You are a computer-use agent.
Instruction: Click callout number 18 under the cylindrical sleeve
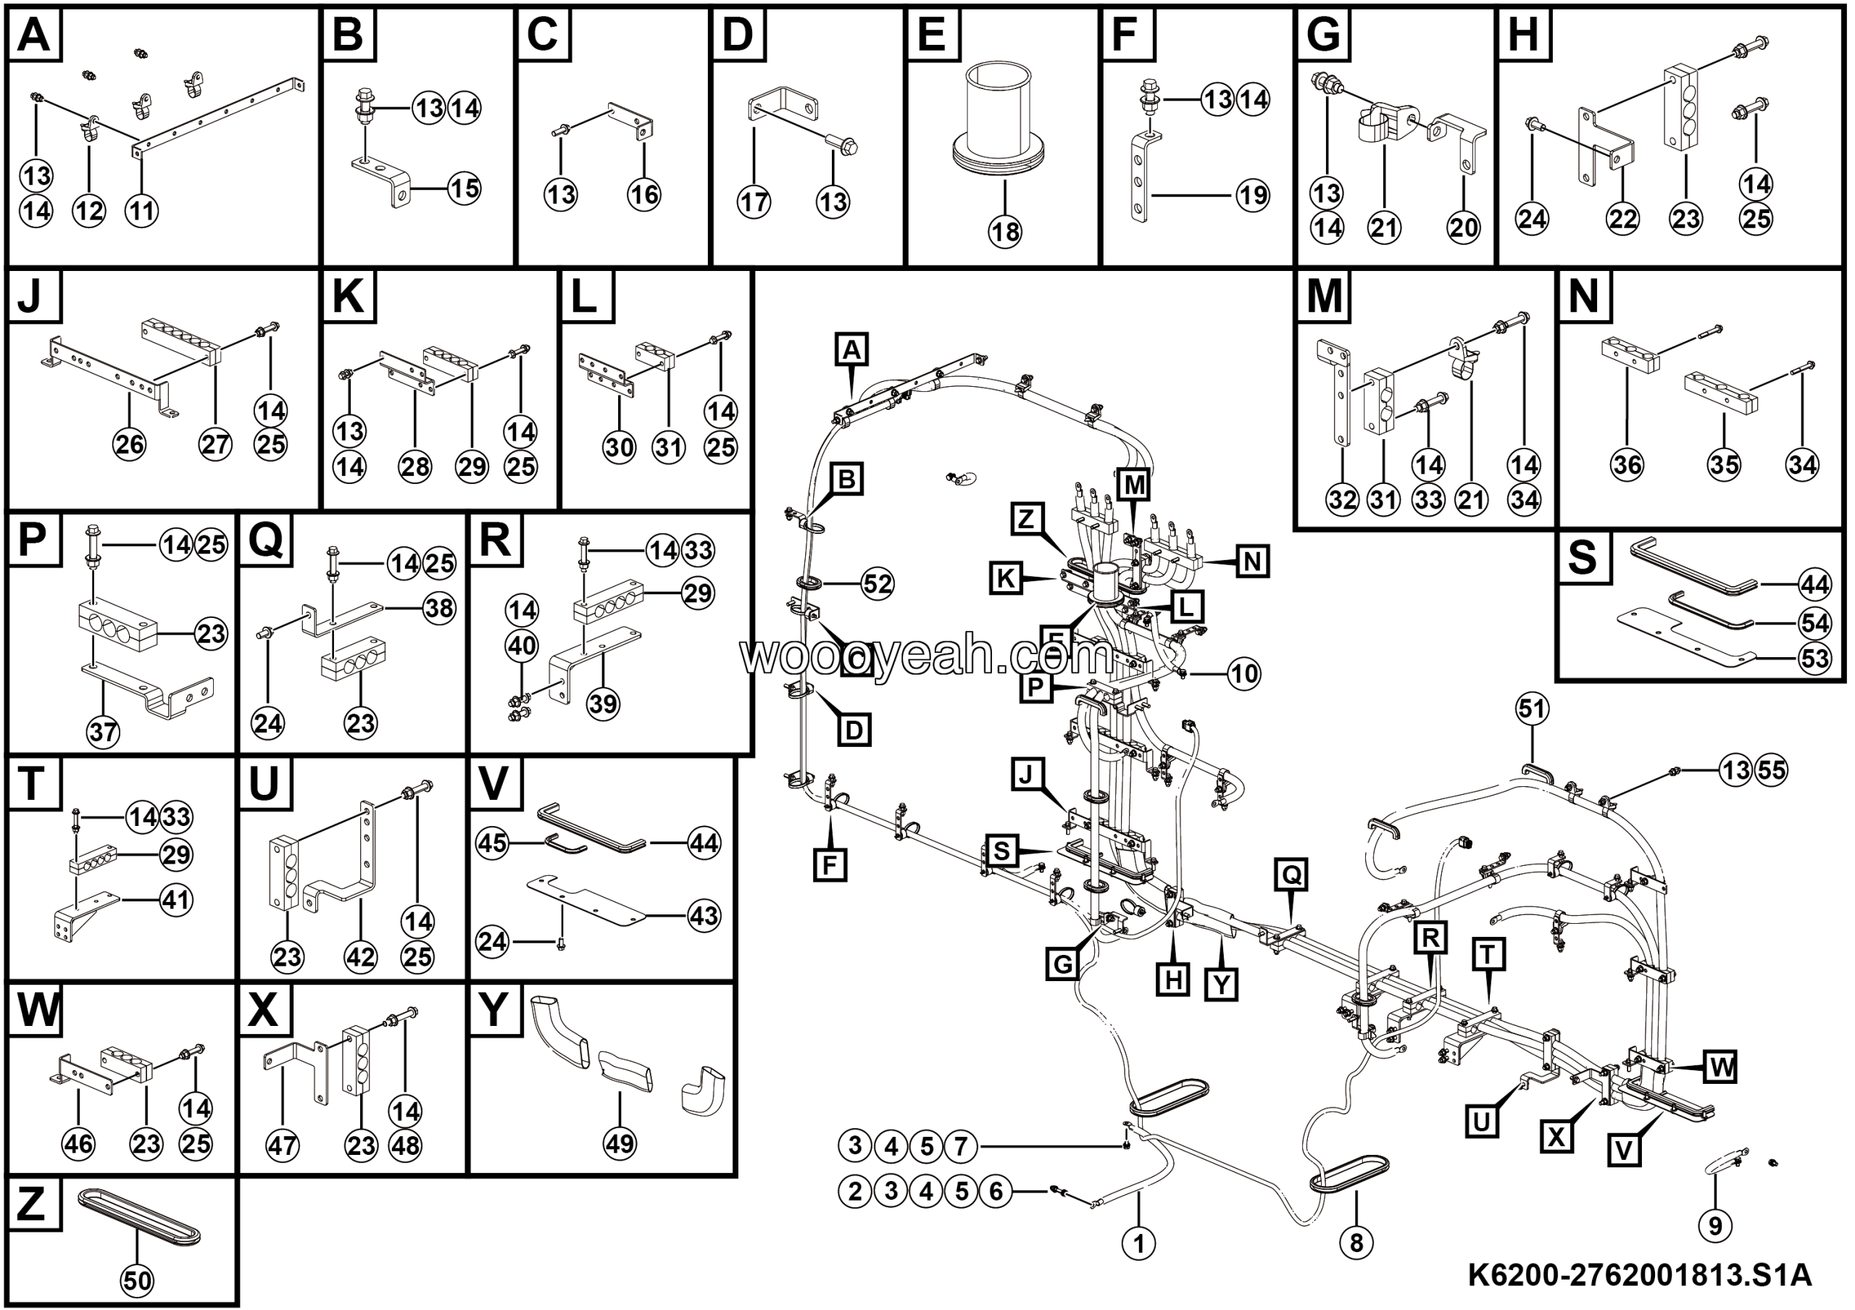tap(1004, 233)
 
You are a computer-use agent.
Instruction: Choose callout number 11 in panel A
tap(142, 212)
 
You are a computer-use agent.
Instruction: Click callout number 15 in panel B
tap(464, 189)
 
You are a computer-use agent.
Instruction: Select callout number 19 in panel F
tap(1252, 195)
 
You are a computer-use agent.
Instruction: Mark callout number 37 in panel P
tap(104, 732)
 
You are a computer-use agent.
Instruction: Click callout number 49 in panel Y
tap(620, 1143)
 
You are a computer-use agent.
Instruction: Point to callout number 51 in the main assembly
tap(1533, 709)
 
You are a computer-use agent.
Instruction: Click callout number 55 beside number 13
tap(1771, 769)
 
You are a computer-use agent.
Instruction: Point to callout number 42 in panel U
tap(360, 957)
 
